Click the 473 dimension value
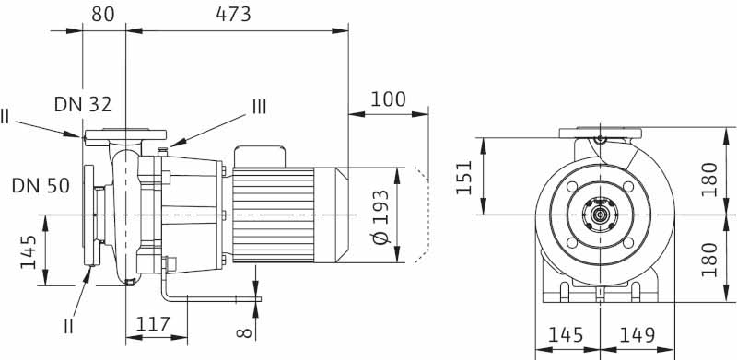point(234,15)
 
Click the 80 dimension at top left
point(103,15)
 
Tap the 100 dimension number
point(388,99)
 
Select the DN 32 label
point(83,104)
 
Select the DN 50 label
point(41,186)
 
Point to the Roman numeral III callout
point(260,108)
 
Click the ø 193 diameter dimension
point(380,216)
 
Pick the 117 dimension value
point(153,324)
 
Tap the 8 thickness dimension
point(244,333)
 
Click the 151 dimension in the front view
point(464,177)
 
